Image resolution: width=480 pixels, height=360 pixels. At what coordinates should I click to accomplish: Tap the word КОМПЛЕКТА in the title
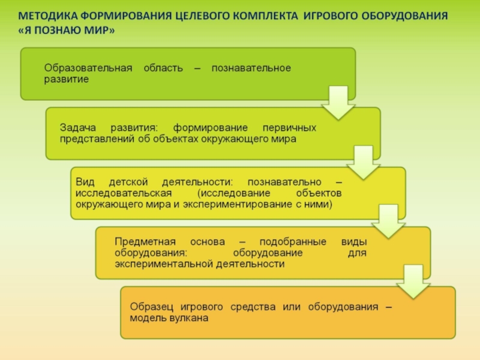(x=261, y=15)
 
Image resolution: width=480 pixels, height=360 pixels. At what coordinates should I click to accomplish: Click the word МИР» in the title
(x=100, y=31)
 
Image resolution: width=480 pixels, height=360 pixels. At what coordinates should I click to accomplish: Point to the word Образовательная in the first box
(x=88, y=68)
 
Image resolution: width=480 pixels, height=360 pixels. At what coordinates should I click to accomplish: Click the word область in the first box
(x=163, y=68)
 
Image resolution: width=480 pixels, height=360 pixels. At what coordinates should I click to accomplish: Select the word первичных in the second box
(x=290, y=128)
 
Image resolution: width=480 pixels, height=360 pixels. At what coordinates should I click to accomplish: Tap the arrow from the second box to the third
(x=360, y=163)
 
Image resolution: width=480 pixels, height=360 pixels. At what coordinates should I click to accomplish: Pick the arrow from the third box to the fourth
(x=385, y=221)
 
